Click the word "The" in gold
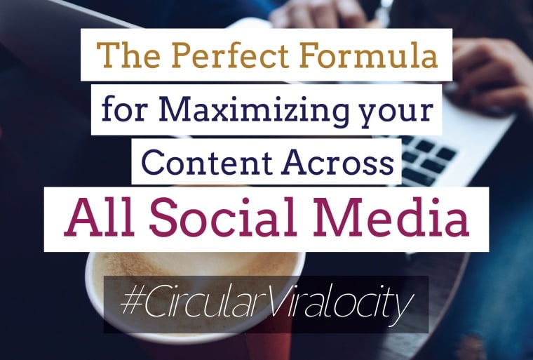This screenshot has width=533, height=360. (128, 55)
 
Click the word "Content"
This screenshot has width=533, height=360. (207, 162)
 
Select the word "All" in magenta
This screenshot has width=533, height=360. (100, 217)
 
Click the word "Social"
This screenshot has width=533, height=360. (223, 217)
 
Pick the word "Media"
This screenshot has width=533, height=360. (391, 217)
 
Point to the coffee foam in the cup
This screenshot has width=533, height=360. (194, 269)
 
